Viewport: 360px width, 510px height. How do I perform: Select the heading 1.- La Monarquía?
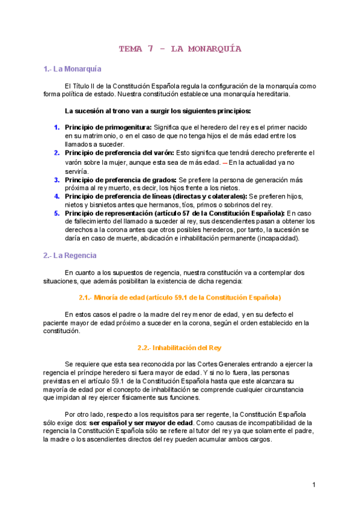point(72,69)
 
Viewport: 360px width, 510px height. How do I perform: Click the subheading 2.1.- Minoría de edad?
point(180,297)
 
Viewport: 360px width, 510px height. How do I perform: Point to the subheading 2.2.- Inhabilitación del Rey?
point(180,348)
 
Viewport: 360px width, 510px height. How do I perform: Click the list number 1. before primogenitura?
point(56,127)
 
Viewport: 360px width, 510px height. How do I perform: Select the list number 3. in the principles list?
point(56,180)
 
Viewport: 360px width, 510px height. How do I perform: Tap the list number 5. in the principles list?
point(56,213)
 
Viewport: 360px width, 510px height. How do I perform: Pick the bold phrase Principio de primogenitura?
point(108,127)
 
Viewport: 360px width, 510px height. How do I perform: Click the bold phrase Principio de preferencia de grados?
point(120,180)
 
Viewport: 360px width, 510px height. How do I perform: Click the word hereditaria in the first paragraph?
point(272,94)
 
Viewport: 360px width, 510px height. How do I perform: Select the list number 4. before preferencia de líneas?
point(56,196)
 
